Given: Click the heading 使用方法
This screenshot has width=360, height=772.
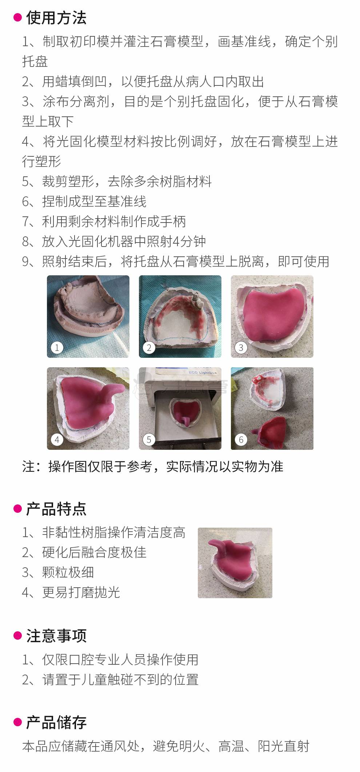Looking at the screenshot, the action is point(56,18).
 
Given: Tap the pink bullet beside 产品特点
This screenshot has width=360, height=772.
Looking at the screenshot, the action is point(17,508).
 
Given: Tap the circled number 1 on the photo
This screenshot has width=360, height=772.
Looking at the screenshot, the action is point(57,348).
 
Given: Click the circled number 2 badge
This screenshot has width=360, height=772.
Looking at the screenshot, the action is point(149,348).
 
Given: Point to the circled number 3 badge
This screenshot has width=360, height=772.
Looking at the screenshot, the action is point(241,348).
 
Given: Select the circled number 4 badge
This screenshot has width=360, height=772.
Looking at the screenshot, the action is point(57,440).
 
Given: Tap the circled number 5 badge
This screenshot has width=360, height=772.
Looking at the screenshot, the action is point(149,440).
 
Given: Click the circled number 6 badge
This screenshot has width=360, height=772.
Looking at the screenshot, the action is point(241,440).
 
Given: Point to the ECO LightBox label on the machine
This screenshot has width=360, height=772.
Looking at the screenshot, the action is point(203,372).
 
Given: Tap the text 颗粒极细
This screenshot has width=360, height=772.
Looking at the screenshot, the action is point(68,572).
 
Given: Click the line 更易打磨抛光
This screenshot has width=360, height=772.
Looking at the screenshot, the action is point(81,592).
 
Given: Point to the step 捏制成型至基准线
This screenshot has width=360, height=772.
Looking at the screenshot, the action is point(94,201).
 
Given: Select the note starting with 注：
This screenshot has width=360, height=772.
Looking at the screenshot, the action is point(153,467).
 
